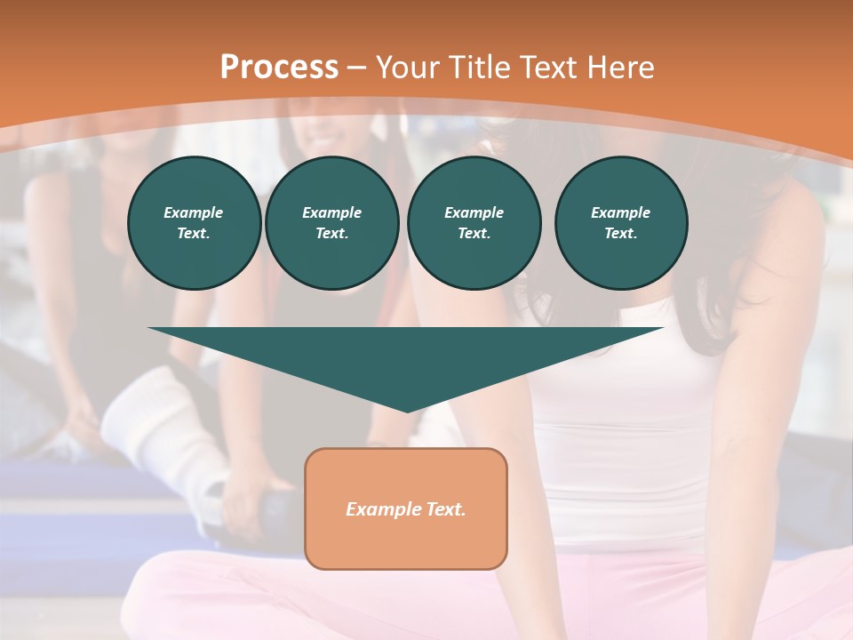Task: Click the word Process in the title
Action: pyautogui.click(x=279, y=68)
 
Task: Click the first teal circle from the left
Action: pyautogui.click(x=195, y=223)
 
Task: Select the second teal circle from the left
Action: pyautogui.click(x=332, y=223)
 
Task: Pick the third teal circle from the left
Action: pyautogui.click(x=474, y=223)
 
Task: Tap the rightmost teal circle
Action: pyautogui.click(x=621, y=223)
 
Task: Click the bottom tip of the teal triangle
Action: pyautogui.click(x=407, y=410)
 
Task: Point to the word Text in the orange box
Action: pyautogui.click(x=445, y=509)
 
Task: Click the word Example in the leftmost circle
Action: pyautogui.click(x=194, y=212)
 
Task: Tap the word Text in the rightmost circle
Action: pyautogui.click(x=620, y=234)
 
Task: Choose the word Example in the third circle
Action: pyautogui.click(x=474, y=212)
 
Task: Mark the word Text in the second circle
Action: pyautogui.click(x=331, y=234)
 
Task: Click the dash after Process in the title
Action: pyautogui.click(x=357, y=68)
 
